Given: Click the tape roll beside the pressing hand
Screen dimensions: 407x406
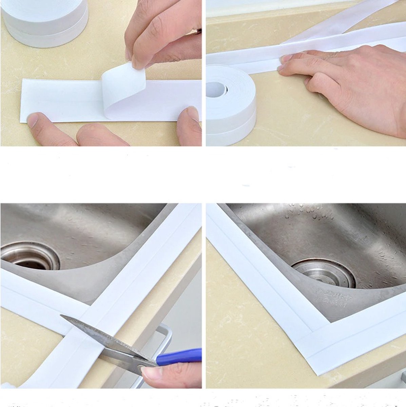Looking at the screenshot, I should pos(231,105).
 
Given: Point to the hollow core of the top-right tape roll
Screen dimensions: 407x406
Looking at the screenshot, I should pos(216,89).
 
